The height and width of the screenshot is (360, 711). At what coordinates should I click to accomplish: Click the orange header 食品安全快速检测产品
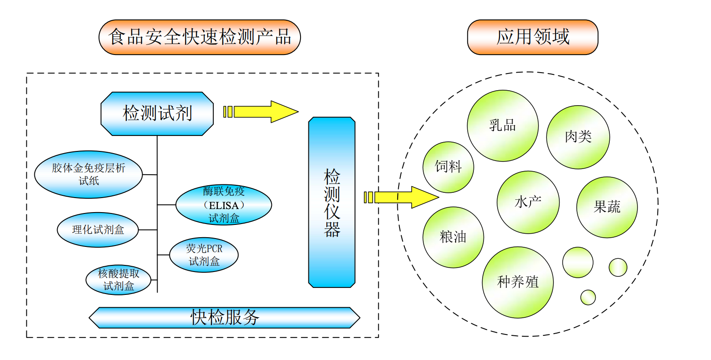[199, 37]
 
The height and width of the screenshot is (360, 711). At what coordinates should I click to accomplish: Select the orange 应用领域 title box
[532, 37]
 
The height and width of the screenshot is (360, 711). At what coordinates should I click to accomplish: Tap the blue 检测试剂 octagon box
[157, 114]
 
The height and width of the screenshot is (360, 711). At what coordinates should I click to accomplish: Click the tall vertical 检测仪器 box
[332, 202]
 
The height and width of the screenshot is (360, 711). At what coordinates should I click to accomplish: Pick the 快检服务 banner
[224, 317]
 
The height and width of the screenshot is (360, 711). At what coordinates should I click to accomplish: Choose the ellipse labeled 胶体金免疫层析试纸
[88, 174]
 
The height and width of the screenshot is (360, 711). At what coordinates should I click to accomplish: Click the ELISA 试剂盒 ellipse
[224, 205]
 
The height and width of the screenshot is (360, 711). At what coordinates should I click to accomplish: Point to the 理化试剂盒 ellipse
[98, 230]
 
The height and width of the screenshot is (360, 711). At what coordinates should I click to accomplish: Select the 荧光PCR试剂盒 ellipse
[204, 255]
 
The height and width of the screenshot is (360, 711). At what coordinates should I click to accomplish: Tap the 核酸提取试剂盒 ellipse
[118, 280]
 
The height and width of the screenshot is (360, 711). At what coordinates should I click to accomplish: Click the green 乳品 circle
[502, 126]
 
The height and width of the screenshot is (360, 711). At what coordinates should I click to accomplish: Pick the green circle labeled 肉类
[578, 137]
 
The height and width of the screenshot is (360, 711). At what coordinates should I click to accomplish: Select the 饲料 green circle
[448, 167]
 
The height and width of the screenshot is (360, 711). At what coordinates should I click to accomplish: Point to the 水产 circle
[528, 202]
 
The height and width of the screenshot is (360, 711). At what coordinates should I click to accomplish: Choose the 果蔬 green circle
[607, 207]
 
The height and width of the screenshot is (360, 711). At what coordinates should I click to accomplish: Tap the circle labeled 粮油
[453, 237]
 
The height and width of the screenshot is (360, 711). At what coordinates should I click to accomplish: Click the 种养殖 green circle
[517, 282]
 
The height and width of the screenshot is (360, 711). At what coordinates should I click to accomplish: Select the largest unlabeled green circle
[577, 262]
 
